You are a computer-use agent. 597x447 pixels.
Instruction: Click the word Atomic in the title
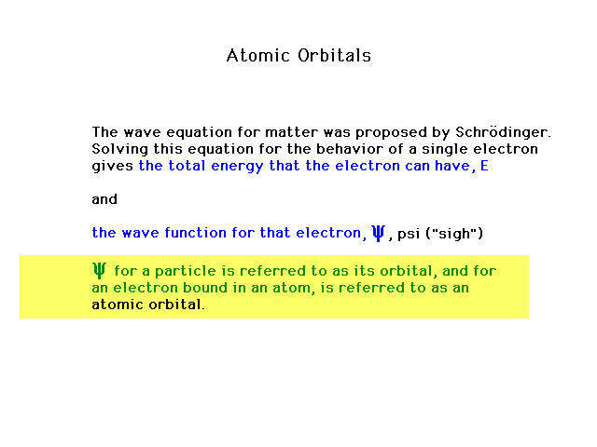258,56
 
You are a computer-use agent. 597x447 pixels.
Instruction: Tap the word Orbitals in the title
334,56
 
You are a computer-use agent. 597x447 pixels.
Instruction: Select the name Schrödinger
503,132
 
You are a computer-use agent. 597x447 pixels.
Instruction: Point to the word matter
291,132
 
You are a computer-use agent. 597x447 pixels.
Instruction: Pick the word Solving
120,149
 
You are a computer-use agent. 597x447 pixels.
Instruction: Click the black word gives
113,167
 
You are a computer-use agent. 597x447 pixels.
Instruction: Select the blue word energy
237,167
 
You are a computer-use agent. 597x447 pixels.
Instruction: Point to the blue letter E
484,166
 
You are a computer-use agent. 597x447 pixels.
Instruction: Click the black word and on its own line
104,199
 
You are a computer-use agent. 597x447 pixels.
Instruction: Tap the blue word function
195,232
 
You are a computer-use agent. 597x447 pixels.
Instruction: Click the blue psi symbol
378,233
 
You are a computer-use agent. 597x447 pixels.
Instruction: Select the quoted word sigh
454,234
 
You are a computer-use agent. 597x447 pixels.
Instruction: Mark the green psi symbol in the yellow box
99,270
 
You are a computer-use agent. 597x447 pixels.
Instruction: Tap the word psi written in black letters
409,234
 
